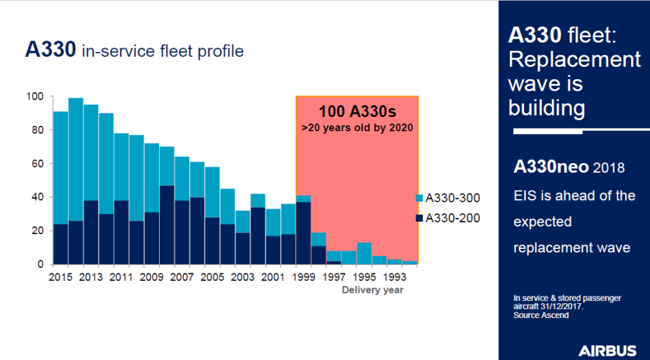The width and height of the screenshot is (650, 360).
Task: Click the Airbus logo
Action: click(607, 350)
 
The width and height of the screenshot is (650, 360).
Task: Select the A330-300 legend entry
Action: click(448, 198)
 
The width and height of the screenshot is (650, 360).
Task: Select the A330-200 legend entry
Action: click(448, 219)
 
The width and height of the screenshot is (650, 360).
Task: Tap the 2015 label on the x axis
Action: click(61, 276)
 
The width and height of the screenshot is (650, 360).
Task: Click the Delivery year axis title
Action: click(372, 290)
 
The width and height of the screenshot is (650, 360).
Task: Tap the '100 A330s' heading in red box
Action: click(357, 112)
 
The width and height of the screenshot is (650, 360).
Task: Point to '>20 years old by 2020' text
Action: click(357, 127)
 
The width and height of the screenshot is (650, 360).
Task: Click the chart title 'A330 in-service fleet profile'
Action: click(134, 51)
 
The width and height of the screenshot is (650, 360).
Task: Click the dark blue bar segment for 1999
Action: click(303, 233)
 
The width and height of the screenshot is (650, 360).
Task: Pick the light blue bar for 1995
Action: click(364, 253)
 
